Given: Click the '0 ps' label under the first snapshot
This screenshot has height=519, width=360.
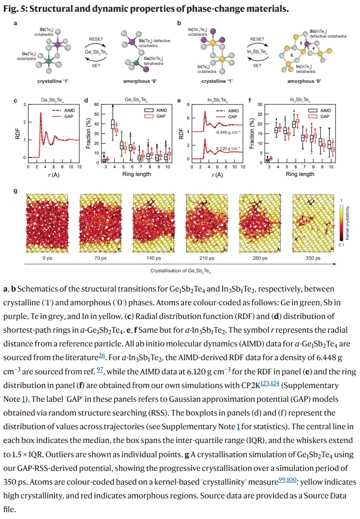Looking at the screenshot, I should (x=47, y=258).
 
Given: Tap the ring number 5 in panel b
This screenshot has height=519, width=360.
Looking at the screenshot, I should (x=301, y=44).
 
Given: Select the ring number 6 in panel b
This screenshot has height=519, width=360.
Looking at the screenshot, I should (x=292, y=55).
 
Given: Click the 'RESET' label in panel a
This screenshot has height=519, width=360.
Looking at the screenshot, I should (x=96, y=39).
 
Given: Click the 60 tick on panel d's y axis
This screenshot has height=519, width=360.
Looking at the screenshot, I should (x=97, y=105).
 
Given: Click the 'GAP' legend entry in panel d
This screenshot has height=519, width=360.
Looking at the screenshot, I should (x=160, y=116).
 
